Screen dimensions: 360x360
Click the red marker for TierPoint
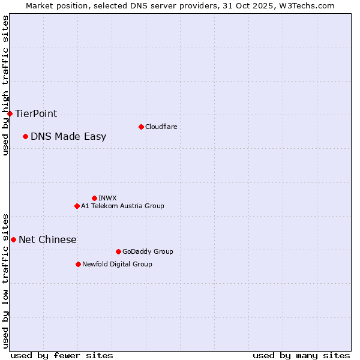point(10,113)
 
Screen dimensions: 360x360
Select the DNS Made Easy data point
point(25,136)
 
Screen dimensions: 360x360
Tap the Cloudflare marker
point(141,127)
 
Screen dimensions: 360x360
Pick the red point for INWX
point(94,198)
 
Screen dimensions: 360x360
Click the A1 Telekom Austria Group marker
point(77,206)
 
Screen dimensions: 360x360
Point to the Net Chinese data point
point(13,239)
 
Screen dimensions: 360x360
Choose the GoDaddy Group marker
point(118,251)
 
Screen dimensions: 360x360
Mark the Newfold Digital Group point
point(78,264)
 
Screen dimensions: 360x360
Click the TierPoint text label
point(36,113)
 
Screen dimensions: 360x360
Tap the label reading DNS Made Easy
point(68,136)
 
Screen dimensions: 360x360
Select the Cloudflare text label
point(161,127)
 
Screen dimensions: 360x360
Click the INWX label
point(107,198)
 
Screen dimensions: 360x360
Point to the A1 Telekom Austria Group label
point(122,206)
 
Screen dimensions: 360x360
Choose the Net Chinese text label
point(47,239)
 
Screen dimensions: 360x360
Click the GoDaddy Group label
point(148,251)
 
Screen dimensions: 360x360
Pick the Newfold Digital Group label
point(117,264)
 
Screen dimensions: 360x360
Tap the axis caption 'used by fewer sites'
point(62,355)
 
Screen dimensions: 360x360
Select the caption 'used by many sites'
point(301,355)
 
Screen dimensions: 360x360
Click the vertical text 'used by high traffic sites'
point(5,85)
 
